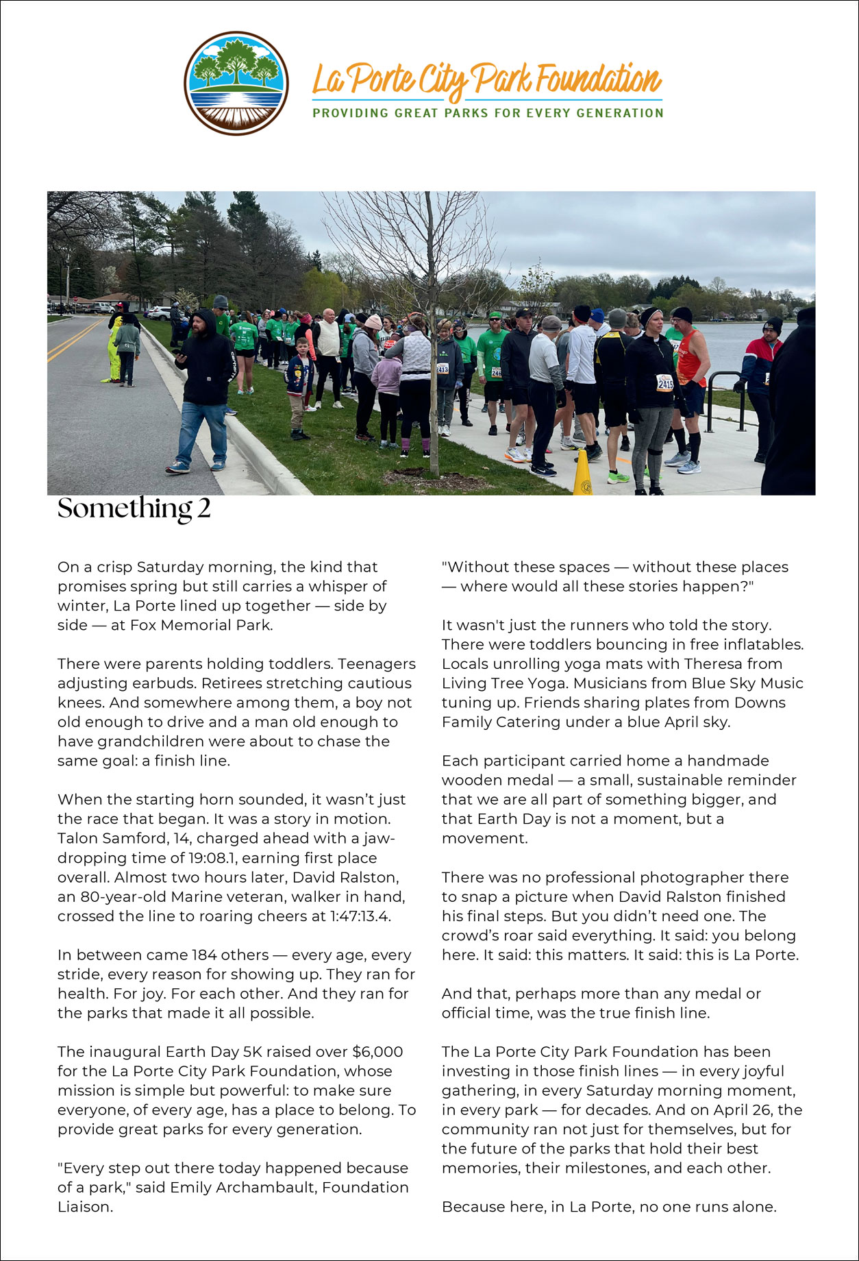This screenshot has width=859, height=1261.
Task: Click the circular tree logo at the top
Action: pos(236,83)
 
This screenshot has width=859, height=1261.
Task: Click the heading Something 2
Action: pos(134,509)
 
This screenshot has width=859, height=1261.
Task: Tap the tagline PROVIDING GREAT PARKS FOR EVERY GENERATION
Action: pos(488,113)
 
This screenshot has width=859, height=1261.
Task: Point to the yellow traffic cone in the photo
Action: pos(582,473)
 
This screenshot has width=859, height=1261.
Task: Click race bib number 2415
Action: pos(665,382)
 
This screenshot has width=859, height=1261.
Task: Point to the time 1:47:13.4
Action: pos(356,916)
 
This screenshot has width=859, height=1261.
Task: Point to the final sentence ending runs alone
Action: pos(608,1206)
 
